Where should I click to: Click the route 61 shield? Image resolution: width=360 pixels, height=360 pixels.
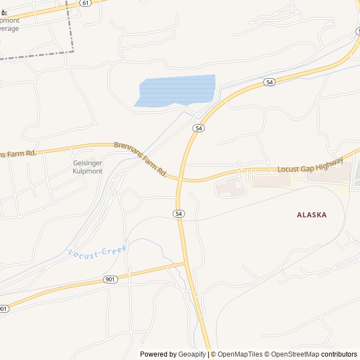click(85, 3)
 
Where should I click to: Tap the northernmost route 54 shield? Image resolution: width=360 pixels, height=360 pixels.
click(270, 82)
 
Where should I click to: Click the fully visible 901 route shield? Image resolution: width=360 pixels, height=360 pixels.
click(110, 280)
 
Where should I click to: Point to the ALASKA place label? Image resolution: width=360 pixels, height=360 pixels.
click(312, 214)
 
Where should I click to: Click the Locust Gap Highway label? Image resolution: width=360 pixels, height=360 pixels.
click(310, 165)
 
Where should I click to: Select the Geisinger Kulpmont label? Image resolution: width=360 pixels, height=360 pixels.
click(88, 166)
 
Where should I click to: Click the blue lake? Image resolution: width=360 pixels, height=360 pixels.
click(177, 90)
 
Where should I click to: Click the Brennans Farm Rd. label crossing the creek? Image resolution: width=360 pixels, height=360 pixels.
click(141, 159)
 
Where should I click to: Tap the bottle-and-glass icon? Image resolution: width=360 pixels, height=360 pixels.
click(3, 12)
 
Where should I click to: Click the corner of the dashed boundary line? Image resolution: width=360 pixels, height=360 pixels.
click(73, 52)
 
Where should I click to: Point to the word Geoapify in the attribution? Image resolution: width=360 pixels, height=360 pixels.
click(192, 354)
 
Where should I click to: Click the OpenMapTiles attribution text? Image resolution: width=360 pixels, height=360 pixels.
click(240, 354)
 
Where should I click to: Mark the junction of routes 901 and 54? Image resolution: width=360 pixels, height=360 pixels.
click(186, 263)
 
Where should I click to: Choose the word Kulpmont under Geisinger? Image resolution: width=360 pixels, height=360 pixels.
click(88, 170)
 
